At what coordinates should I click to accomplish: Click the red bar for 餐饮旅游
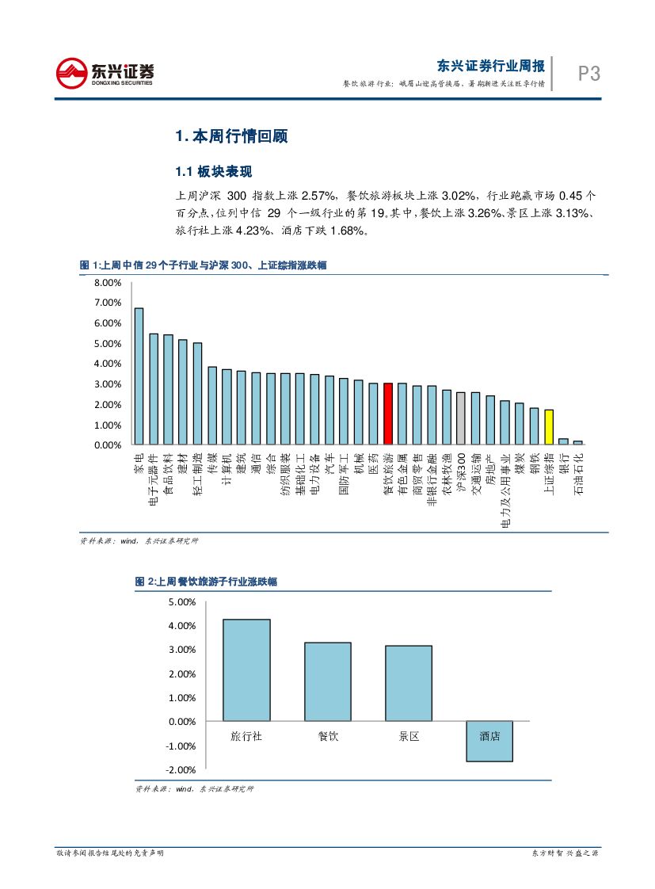coord(387,414)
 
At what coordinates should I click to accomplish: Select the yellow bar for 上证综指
coord(548,427)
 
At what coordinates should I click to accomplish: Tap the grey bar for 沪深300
coord(461,418)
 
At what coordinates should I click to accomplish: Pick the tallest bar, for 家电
coord(139,376)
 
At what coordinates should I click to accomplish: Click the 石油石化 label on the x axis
coord(577,473)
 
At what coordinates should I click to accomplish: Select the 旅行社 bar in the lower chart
coord(246,670)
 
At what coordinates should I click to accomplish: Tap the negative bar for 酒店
coord(489,742)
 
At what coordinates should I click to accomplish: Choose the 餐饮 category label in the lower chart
coord(328,736)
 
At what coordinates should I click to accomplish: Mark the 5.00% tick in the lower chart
coord(182,602)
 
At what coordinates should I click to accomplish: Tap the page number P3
coord(588,74)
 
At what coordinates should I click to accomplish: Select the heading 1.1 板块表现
coord(213,172)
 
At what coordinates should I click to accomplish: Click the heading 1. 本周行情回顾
coord(230,136)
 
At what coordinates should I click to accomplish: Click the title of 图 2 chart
coord(206,582)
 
